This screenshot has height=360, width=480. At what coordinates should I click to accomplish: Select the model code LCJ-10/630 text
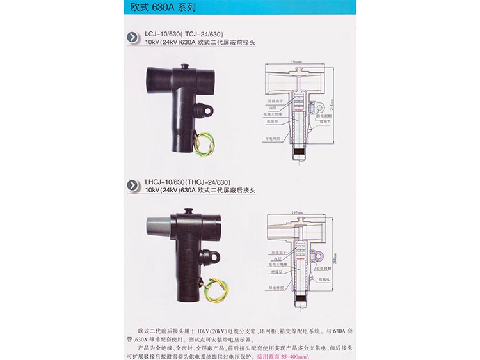(163, 33)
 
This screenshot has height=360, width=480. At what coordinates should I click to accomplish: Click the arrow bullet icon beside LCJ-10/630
(132, 38)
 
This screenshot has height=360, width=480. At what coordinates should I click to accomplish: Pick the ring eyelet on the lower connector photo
(210, 256)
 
